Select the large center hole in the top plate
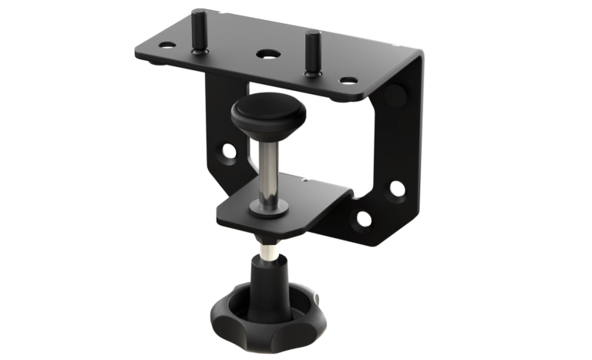[267, 55]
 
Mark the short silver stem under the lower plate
[267, 251]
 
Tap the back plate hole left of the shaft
[229, 152]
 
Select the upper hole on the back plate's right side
[396, 188]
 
